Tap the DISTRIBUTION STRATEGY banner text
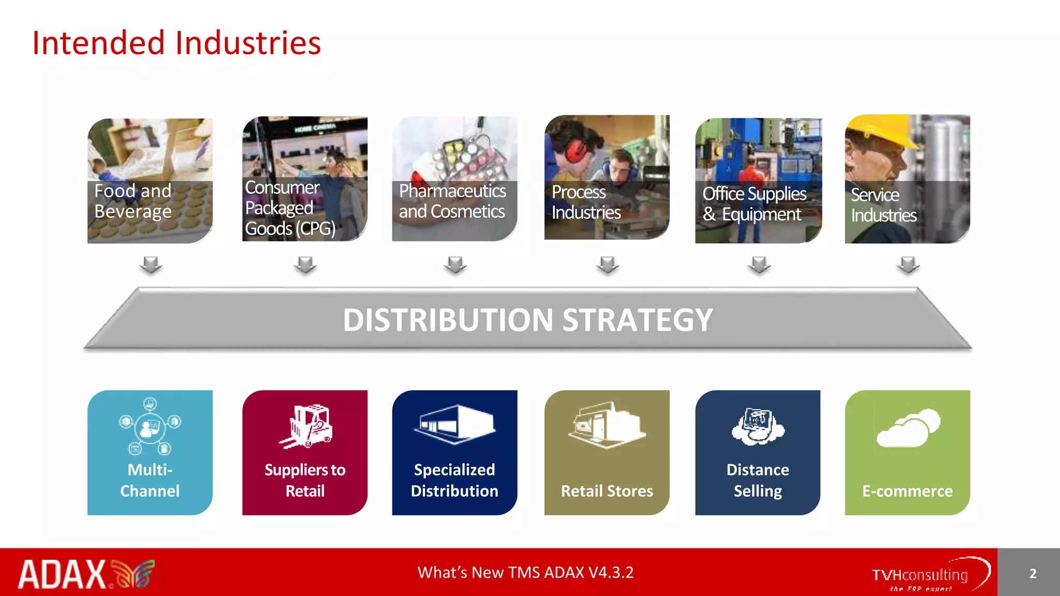click(527, 320)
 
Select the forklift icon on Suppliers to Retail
click(307, 426)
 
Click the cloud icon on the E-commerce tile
click(908, 428)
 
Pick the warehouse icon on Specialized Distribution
click(455, 424)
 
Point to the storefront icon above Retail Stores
click(607, 425)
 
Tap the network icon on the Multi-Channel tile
click(150, 426)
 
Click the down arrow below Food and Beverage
click(151, 264)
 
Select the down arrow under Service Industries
click(908, 264)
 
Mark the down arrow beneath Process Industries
click(607, 264)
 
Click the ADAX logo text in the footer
click(63, 574)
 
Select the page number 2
click(1033, 573)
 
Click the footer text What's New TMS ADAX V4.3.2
click(525, 572)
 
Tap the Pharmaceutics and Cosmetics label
click(452, 201)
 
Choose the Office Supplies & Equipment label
click(754, 204)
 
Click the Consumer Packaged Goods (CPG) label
click(290, 207)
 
